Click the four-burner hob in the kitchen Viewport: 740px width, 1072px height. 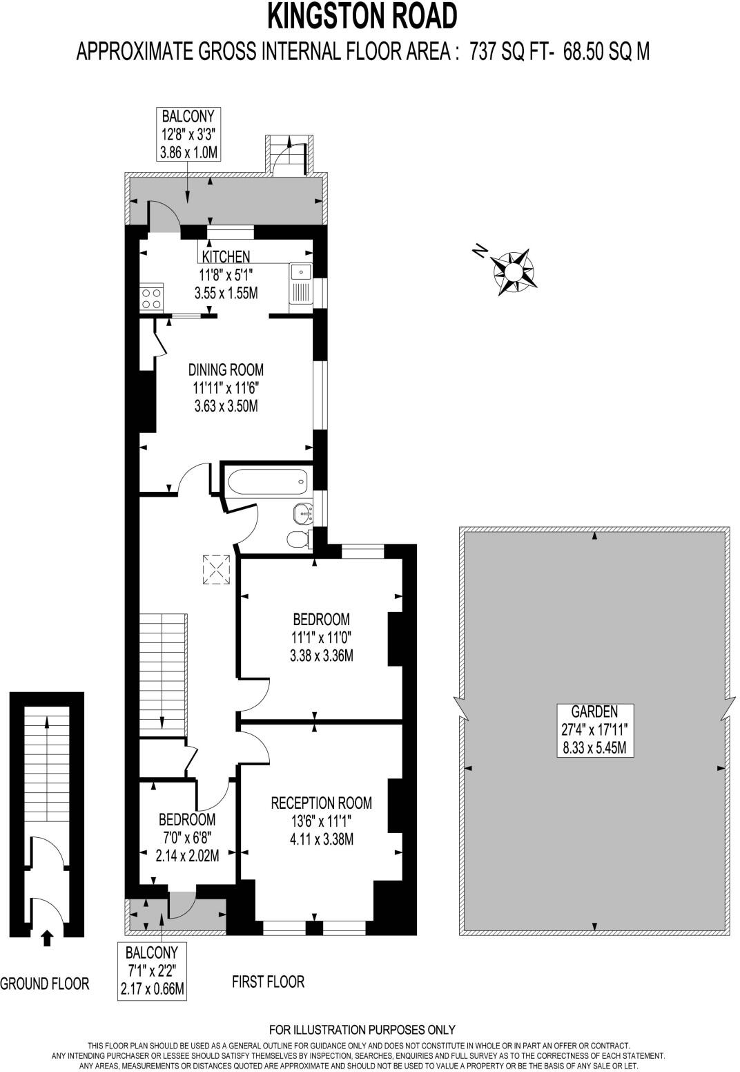152,297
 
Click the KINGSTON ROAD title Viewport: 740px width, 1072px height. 362,17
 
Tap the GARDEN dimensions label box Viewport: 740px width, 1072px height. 594,729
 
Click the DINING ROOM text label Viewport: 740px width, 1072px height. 226,370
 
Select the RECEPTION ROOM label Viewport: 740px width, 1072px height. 321,803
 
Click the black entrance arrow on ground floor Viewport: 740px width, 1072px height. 46,937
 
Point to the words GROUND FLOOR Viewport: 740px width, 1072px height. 45,983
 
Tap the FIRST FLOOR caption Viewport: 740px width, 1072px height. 268,982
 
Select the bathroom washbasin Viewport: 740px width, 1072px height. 302,513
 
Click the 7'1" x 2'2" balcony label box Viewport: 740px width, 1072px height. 153,971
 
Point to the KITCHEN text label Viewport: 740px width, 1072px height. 226,257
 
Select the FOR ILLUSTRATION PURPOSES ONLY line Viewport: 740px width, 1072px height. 362,1030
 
